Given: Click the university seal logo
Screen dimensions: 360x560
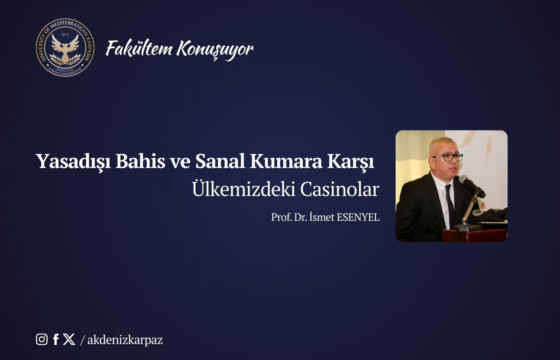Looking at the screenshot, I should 65,48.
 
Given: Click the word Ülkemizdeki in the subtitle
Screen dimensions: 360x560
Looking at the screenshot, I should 243,189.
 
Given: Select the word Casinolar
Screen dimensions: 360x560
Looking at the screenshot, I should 339,189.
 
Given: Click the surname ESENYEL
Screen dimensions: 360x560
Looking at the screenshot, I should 358,217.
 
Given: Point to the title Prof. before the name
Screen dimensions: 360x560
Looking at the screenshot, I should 281,217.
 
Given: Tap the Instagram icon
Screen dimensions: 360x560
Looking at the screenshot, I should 42,339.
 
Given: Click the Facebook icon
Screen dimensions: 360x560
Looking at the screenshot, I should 56,339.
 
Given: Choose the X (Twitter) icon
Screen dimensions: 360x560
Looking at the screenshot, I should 69,339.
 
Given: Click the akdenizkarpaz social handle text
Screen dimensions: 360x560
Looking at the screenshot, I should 125,340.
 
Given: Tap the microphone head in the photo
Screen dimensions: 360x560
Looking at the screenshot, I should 466,181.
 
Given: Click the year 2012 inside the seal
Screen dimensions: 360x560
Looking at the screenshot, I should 65,34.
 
